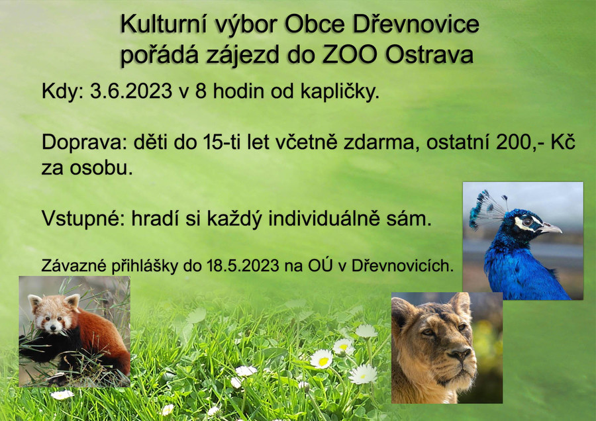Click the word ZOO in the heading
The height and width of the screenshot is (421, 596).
click(350, 54)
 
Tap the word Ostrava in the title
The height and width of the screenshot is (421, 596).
click(430, 54)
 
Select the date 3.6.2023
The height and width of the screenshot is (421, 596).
click(130, 91)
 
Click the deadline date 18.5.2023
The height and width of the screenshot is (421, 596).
click(243, 266)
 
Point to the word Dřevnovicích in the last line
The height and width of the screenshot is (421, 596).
click(403, 265)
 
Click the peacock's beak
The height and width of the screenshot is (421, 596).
click(550, 228)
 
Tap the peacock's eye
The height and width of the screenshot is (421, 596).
click(527, 222)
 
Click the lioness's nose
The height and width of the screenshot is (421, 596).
click(460, 355)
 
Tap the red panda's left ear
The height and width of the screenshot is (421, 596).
click(34, 302)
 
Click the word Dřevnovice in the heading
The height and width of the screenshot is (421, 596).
click(415, 25)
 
